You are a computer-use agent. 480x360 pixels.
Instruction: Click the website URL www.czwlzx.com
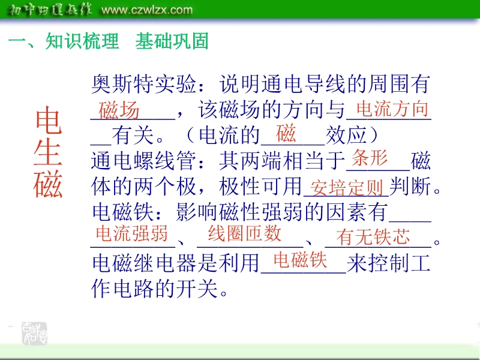(147, 10)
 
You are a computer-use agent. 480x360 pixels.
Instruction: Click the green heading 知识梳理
(82, 41)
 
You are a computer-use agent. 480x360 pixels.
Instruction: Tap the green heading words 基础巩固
(172, 41)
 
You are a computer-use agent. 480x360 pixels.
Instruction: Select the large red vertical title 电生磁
(48, 152)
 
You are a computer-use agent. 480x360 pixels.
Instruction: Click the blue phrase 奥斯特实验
(143, 84)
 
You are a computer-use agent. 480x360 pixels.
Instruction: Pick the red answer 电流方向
(392, 109)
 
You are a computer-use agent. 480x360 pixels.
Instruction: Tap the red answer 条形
(370, 158)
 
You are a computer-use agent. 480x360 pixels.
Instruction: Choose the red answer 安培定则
(347, 187)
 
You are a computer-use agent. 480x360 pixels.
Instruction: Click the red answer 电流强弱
(131, 233)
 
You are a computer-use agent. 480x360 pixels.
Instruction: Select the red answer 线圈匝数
(245, 233)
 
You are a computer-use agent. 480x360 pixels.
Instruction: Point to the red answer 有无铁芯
(373, 236)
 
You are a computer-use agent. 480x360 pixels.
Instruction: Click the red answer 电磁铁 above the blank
(301, 260)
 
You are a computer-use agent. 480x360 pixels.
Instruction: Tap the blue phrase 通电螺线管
(143, 161)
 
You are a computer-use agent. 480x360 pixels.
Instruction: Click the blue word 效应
(346, 135)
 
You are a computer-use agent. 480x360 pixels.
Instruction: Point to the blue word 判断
(410, 186)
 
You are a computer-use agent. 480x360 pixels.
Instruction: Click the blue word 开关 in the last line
(197, 289)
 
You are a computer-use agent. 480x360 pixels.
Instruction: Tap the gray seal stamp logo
(34, 334)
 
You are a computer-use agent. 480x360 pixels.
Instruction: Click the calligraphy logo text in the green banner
(50, 10)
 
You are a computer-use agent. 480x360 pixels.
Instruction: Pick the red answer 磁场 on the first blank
(119, 110)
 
